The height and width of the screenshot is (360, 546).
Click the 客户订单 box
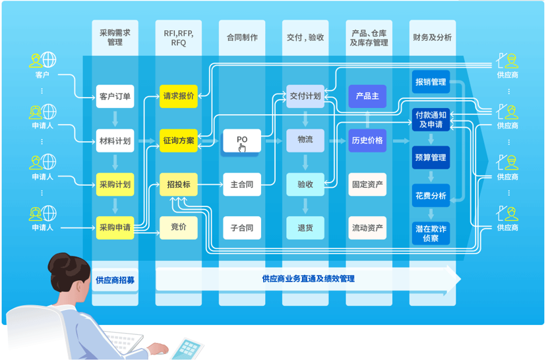115,96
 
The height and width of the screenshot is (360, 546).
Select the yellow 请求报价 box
179,96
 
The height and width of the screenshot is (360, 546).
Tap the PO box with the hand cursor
242,140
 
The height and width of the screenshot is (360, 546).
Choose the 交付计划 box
305,96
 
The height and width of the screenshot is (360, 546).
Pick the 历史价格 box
367,140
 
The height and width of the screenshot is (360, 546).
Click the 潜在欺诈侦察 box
431,233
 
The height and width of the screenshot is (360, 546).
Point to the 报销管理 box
431,82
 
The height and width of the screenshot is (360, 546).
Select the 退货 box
305,227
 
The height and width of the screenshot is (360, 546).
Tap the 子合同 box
242,227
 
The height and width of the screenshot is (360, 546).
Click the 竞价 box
179,227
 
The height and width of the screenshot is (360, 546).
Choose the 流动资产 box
367,227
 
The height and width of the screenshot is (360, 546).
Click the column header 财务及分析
433,38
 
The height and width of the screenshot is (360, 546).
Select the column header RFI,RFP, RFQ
179,38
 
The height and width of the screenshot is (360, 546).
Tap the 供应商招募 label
115,280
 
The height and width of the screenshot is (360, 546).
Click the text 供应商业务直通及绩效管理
308,278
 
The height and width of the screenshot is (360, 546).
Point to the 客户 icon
42,60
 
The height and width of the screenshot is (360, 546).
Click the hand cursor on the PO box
243,148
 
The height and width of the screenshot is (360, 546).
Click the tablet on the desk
188,349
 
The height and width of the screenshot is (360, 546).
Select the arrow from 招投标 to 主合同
210,184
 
